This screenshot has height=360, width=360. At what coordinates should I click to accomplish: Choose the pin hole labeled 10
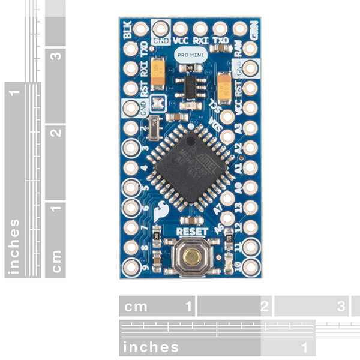coord(251,266)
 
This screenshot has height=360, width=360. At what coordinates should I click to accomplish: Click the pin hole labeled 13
coord(251,207)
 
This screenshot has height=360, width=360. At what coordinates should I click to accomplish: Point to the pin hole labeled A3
coord(251,128)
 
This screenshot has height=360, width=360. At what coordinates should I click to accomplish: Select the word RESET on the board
coord(193,232)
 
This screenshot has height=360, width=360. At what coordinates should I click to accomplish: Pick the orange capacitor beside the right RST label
coord(225,85)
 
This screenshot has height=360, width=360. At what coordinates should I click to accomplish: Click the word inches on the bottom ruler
coord(151,347)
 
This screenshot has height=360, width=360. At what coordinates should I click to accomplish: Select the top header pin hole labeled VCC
coord(180,28)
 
